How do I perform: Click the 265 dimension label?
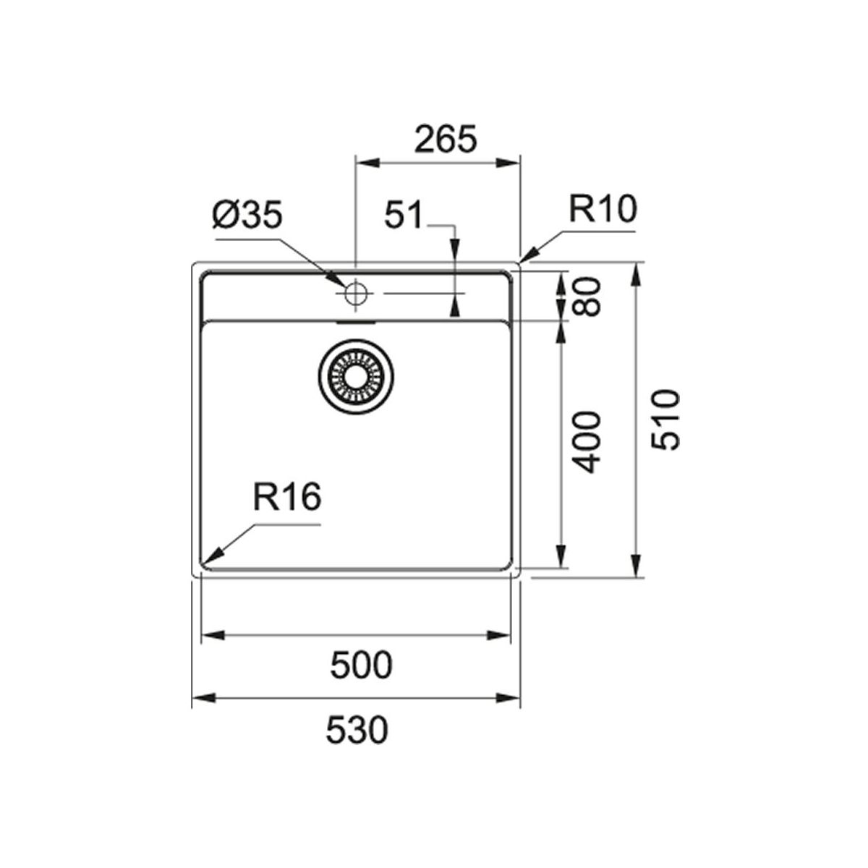click(445, 139)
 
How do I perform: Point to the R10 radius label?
click(603, 209)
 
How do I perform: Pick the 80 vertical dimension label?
click(587, 297)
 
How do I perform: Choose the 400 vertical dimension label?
click(587, 442)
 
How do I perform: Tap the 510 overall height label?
click(665, 420)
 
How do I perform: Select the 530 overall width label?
click(357, 731)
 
